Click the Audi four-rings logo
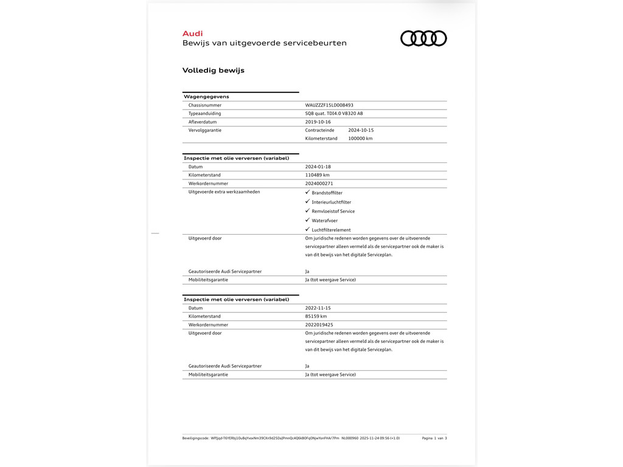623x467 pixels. tap(423, 38)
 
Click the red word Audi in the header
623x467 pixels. tap(192, 33)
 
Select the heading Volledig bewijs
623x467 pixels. tap(213, 70)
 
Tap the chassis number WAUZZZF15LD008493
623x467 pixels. tap(329, 105)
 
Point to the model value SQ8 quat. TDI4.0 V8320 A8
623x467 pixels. tap(334, 114)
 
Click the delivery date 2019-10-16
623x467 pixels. tap(318, 122)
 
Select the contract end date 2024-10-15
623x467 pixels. tap(361, 130)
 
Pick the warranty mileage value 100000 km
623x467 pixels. tap(360, 139)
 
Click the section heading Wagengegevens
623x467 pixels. tap(206, 97)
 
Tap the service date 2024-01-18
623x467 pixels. tap(318, 167)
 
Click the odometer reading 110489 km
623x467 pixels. tap(318, 175)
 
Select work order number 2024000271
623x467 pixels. tap(319, 184)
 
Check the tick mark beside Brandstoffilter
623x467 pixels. tap(307, 192)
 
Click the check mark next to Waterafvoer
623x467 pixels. tap(307, 220)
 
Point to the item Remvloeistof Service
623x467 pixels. tap(333, 212)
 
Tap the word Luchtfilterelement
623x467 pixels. tap(331, 230)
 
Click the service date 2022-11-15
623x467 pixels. tap(318, 308)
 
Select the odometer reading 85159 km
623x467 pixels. tap(316, 317)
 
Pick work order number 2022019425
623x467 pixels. tap(319, 325)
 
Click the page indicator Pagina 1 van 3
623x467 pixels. tap(434, 438)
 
